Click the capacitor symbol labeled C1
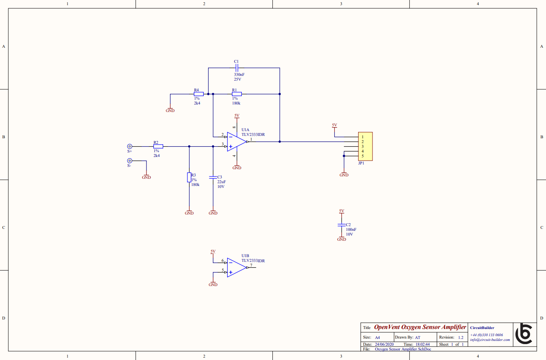237,68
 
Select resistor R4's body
199,94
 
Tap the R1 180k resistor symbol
237,94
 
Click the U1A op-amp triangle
236,142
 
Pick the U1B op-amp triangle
236,267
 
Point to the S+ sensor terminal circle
129,147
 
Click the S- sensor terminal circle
129,161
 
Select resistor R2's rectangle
158,147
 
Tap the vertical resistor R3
189,177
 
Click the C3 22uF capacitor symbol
213,177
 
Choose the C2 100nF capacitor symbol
341,225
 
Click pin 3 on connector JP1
363,147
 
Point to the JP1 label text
361,163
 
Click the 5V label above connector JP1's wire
334,125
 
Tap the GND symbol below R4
170,110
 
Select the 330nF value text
239,75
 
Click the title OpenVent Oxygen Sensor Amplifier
420,327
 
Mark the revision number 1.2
461,337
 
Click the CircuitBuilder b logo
524,334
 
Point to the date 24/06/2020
384,345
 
